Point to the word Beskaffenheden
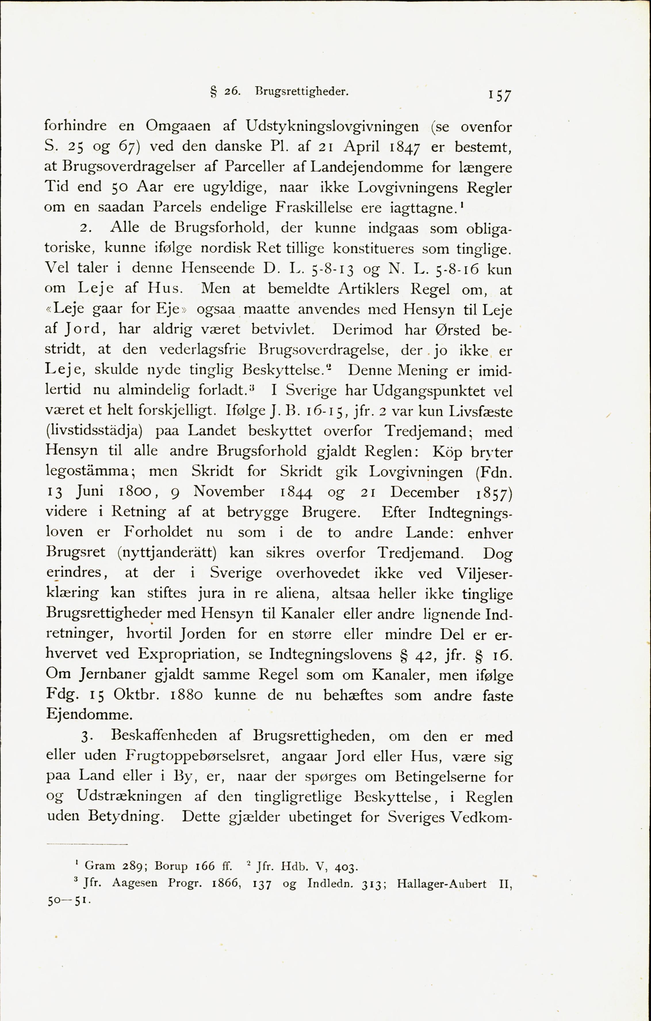coord(164,736)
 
